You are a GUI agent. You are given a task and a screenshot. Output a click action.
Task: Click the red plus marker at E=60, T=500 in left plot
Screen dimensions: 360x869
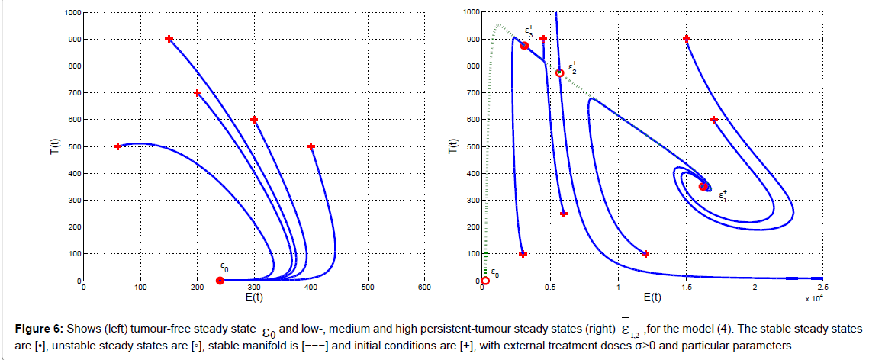(117, 146)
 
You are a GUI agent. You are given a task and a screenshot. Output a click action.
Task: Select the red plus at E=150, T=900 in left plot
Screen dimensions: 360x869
(169, 39)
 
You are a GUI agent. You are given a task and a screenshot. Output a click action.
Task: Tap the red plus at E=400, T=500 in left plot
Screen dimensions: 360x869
(311, 146)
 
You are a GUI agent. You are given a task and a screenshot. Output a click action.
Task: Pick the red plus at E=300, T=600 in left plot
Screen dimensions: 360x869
(254, 120)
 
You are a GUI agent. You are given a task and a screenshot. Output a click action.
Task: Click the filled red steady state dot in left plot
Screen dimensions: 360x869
(220, 281)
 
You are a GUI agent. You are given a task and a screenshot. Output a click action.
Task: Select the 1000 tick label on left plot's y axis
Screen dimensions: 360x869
(71, 13)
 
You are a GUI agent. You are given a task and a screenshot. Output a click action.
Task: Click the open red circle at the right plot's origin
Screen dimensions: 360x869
(485, 281)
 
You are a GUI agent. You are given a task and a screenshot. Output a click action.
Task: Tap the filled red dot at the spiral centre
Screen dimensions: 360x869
(703, 186)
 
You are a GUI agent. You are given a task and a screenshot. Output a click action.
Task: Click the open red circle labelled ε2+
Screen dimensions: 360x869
(559, 73)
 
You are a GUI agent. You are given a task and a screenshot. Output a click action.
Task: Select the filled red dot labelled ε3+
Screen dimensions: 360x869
(524, 47)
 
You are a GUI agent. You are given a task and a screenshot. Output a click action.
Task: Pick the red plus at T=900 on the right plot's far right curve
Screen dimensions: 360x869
(687, 39)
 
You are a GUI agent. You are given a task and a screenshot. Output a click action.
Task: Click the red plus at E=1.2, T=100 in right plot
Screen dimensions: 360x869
(645, 254)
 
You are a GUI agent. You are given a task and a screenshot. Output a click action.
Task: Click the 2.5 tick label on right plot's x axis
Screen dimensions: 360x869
(822, 288)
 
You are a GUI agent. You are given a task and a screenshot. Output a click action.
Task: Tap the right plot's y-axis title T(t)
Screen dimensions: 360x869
(449, 146)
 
